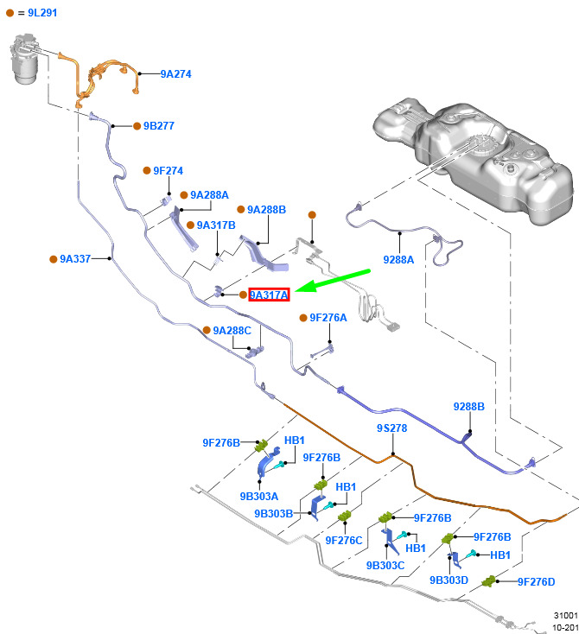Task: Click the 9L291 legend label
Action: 42,13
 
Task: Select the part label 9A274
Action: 175,74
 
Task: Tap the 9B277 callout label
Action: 159,126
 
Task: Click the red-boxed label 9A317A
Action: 269,295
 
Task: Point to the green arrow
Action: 333,281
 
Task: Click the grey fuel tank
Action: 473,159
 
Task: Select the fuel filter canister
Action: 24,59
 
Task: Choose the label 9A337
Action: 75,259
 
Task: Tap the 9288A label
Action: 398,260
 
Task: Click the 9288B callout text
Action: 469,406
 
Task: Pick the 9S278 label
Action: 391,428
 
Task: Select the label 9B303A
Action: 259,496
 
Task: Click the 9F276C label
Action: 344,540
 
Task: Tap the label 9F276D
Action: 536,582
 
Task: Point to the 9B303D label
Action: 449,580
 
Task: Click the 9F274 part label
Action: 168,171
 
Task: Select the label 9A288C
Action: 232,331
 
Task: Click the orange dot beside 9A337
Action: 53,259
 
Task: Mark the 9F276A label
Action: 328,318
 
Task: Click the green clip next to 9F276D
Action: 489,582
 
